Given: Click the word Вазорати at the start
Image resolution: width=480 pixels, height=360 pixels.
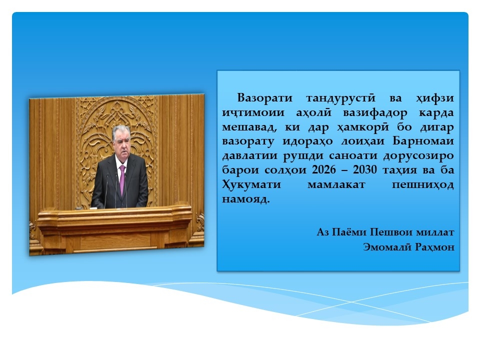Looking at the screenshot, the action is tap(265, 98).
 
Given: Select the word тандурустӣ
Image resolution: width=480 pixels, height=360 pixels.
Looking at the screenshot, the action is tap(340, 98).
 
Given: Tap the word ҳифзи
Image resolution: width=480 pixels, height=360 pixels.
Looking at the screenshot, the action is tap(434, 98).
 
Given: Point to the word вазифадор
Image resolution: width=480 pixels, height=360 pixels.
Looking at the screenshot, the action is tap(375, 113).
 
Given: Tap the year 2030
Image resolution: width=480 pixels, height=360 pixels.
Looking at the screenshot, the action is tap(365, 169).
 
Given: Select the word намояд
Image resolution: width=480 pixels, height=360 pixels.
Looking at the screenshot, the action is tap(246, 199).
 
